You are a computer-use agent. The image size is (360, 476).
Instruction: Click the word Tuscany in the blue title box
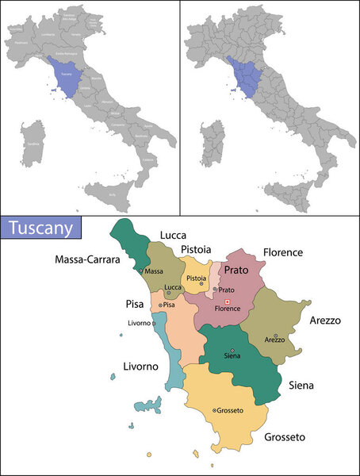click(x=43, y=228)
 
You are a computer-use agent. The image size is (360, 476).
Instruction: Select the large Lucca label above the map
click(x=173, y=236)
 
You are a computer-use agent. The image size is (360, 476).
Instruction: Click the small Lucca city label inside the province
click(x=173, y=286)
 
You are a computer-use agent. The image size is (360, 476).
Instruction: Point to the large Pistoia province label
click(x=195, y=250)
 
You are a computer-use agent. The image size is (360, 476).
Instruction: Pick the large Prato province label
click(x=235, y=271)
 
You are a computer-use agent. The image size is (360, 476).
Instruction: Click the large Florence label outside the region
click(x=283, y=252)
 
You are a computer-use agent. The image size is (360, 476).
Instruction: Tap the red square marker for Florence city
click(x=227, y=302)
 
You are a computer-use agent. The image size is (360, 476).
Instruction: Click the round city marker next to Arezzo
click(x=275, y=336)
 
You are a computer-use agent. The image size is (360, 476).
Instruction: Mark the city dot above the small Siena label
click(x=232, y=351)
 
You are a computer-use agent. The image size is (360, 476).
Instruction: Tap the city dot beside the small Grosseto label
click(x=215, y=410)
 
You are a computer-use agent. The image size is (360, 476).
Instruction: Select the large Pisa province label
click(x=136, y=303)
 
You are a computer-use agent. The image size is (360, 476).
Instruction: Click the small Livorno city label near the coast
click(x=139, y=322)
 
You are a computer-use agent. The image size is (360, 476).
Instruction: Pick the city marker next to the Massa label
click(x=141, y=271)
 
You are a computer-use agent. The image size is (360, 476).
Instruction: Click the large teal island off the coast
click(x=147, y=405)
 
